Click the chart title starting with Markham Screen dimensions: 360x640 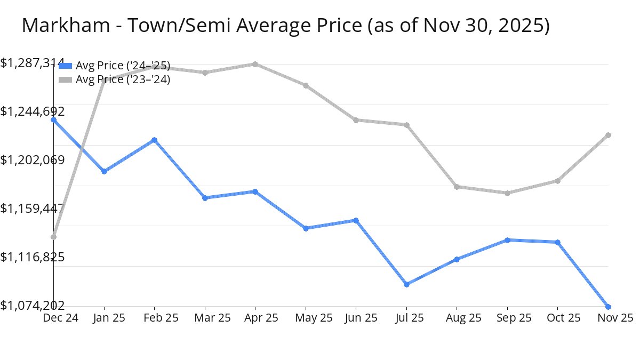(285, 26)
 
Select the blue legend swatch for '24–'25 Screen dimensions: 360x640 (65, 66)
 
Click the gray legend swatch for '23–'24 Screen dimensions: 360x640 (65, 80)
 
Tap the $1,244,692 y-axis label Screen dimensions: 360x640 (33, 111)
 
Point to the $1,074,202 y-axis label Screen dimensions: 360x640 (33, 305)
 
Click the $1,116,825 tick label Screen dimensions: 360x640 (33, 257)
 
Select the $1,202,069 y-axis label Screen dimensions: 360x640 (33, 160)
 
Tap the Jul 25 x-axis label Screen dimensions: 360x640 (406, 318)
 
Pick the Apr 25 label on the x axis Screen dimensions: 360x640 (255, 318)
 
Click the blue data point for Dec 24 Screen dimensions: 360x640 (54, 119)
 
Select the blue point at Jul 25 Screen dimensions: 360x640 (406, 284)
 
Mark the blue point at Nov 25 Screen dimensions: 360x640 (608, 307)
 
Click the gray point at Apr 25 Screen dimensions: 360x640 (255, 64)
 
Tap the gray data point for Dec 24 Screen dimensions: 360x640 (54, 237)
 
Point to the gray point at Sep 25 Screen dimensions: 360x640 (507, 193)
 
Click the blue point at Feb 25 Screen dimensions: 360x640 (154, 140)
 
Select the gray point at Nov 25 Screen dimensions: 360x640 (608, 135)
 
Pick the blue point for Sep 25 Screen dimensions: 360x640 (507, 240)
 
